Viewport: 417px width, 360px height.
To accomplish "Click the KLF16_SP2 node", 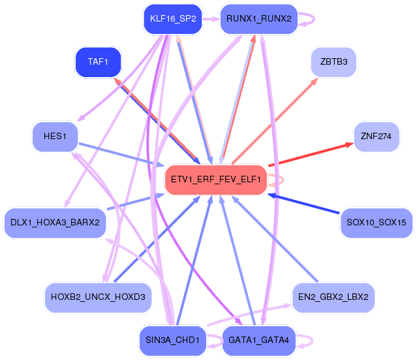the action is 173,19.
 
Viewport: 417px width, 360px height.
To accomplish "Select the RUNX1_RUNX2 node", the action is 259,19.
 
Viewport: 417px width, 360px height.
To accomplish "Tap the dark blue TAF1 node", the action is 98,62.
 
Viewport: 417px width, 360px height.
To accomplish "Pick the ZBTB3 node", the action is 333,62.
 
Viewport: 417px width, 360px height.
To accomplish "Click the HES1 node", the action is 55,137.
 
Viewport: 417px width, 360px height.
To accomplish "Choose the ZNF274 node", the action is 377,137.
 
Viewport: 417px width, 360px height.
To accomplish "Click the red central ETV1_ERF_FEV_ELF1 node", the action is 216,180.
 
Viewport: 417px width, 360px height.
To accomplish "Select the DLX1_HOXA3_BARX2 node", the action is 55,223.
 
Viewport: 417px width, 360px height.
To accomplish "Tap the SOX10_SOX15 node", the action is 377,223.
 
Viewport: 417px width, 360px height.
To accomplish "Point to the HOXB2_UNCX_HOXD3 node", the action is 98,297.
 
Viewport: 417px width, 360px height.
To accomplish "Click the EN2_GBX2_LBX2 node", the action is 333,297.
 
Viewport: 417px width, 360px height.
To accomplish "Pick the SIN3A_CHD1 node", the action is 173,340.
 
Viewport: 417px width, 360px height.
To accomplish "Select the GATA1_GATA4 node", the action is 259,340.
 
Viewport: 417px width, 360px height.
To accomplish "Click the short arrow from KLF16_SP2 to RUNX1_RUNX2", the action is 211,19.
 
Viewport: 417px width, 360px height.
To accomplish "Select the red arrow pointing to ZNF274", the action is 311,155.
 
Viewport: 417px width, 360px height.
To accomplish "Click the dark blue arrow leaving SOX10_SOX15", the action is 303,204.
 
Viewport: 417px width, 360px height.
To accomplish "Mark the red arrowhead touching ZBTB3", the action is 315,81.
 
